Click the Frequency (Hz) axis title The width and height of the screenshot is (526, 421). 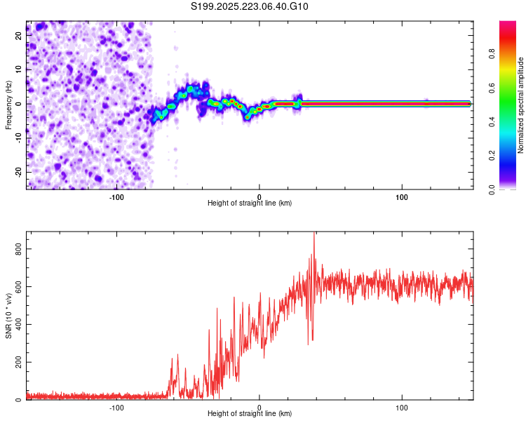(8, 104)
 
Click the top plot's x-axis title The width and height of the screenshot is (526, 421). (250, 203)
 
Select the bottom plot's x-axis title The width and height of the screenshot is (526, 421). (250, 413)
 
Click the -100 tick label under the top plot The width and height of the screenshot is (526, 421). (116, 196)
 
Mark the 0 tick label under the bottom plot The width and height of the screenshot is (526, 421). (259, 406)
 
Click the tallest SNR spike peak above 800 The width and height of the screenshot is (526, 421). (314, 234)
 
